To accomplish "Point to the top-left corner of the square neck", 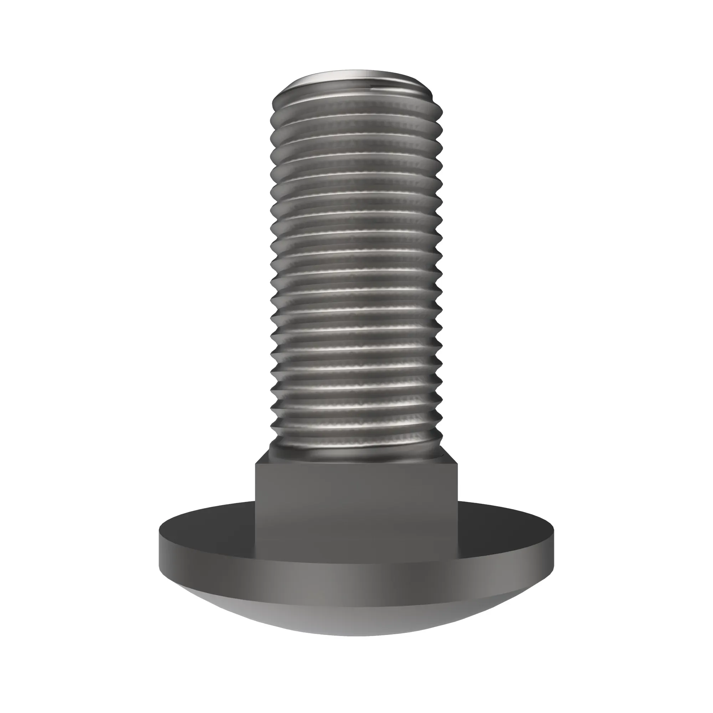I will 256,464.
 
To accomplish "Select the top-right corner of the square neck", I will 458,464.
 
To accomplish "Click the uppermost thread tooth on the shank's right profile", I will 441,109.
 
